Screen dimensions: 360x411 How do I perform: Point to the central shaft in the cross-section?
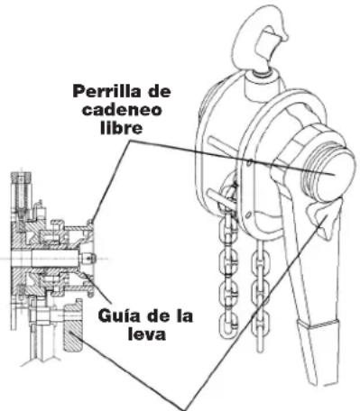pos(54,256)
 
